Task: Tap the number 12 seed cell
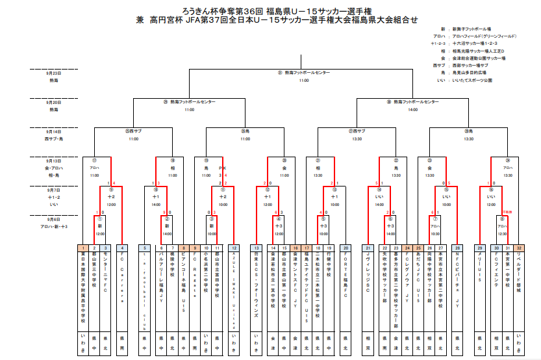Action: [x=235, y=248]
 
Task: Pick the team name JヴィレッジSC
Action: [x=368, y=273]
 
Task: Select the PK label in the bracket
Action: [x=223, y=168]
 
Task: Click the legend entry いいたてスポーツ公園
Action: [x=472, y=80]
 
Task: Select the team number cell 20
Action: [x=346, y=248]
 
